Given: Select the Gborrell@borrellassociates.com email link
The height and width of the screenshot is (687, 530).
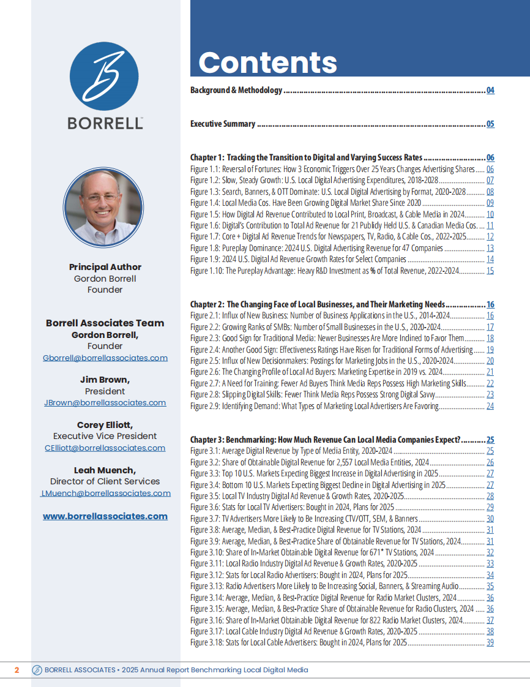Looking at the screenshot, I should click(105, 358).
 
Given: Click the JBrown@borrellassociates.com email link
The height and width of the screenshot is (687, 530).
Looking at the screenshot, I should click(105, 403).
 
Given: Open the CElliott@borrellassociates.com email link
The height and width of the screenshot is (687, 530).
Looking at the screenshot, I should click(105, 448).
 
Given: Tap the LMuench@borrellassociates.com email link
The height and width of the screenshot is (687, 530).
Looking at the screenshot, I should click(105, 493).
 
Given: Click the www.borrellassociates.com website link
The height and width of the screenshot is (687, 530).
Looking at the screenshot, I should click(105, 516).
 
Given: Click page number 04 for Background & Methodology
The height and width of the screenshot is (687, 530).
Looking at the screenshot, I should click(490, 91).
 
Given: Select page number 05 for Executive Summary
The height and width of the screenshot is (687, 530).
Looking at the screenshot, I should click(490, 124).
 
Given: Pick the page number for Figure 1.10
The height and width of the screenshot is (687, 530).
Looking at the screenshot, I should click(490, 271).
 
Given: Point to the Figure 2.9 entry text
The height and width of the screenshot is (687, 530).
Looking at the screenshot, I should click(315, 406).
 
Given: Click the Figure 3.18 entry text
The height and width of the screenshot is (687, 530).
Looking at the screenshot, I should click(299, 643).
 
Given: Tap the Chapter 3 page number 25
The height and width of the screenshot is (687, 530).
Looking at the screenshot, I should click(490, 440).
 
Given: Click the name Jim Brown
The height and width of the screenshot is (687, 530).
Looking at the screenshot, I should click(105, 380).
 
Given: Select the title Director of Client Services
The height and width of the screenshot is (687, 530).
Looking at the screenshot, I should click(105, 481).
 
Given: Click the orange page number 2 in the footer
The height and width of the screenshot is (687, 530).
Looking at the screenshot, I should click(17, 670).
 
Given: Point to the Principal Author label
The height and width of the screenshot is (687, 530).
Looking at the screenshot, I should click(105, 267).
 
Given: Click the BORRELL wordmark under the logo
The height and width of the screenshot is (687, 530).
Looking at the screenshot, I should click(105, 123).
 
